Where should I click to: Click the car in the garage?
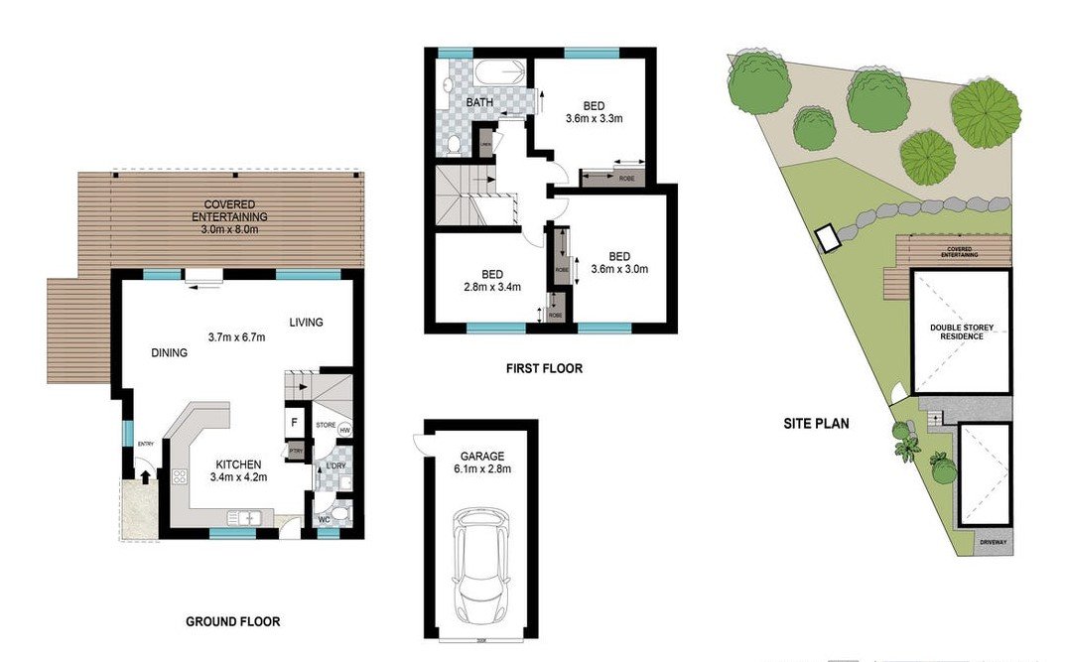point(481,563)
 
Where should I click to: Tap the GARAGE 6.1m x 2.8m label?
point(482,463)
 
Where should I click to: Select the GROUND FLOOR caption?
point(233,622)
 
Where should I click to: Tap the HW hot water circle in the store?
point(344,430)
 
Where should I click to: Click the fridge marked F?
point(295,423)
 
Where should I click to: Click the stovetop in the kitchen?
point(181,477)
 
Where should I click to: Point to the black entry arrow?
point(146,476)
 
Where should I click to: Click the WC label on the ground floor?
point(324,519)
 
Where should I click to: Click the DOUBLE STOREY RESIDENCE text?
point(956,331)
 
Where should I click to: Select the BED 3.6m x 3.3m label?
point(594,113)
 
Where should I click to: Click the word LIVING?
point(307,323)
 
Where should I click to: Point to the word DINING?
point(170,352)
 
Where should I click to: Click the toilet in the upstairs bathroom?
point(454,145)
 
